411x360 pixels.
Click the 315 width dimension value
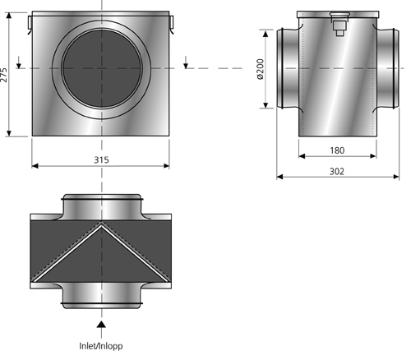pos(101,159)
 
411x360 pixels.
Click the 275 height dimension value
pos(3,75)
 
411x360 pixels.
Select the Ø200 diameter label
pos(260,69)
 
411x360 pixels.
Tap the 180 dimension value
pos(337,150)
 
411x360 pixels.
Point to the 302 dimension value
pos(336,172)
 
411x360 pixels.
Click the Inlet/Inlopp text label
pos(101,346)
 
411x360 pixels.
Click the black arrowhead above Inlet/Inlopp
pos(101,324)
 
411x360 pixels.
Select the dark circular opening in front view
pos(102,68)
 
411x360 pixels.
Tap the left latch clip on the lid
pos(30,24)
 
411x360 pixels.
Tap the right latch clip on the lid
pos(172,23)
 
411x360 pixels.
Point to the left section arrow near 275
pos(19,62)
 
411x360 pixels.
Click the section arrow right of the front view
pos(186,62)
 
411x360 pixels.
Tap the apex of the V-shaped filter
pos(101,225)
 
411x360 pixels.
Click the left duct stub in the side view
pos(288,68)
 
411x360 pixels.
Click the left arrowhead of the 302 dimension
pos(279,177)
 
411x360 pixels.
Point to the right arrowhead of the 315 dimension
pos(166,166)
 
